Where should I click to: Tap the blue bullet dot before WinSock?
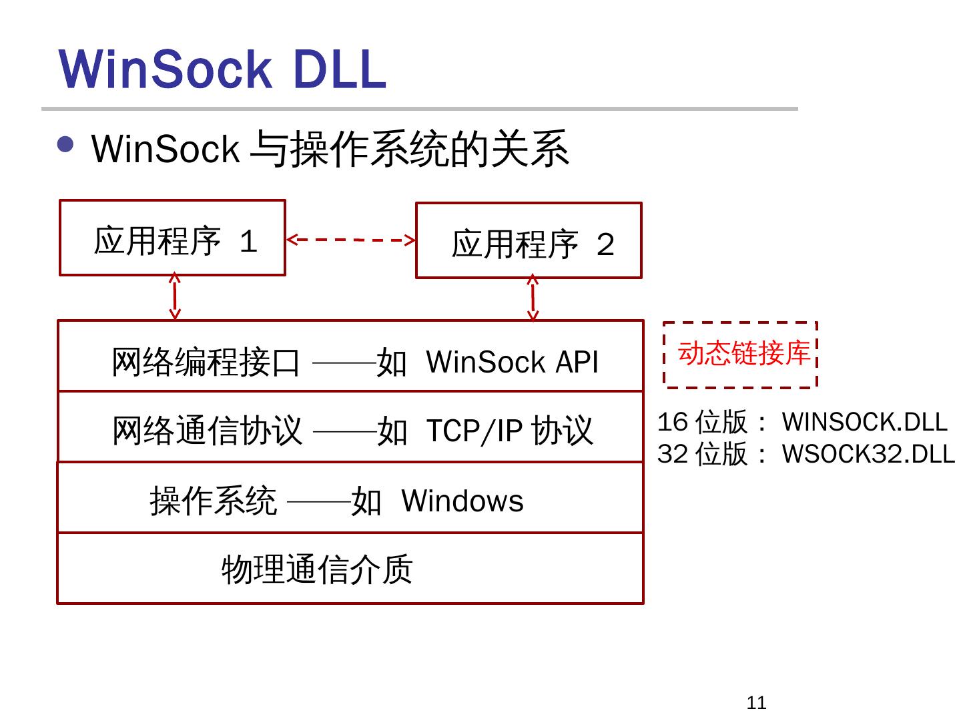pos(65,145)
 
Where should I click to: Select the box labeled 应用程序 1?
pos(172,238)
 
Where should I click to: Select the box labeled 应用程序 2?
pos(529,241)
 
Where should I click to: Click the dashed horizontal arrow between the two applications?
pos(350,240)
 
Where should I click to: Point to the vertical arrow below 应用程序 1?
pos(175,296)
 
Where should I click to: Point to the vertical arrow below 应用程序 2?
pos(533,298)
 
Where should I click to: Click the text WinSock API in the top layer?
pos(512,362)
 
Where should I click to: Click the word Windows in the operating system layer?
pos(462,501)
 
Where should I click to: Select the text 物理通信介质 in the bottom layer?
pos(317,570)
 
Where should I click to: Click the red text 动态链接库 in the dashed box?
pos(743,353)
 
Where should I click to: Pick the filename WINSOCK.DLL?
pos(864,422)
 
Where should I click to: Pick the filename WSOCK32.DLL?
pos(868,454)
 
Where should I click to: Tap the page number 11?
pos(756,702)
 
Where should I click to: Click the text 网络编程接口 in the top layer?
pos(206,362)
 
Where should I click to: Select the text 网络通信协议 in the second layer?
pos(207,431)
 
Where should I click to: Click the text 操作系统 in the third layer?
pos(213,501)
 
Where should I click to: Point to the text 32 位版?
pos(702,454)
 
